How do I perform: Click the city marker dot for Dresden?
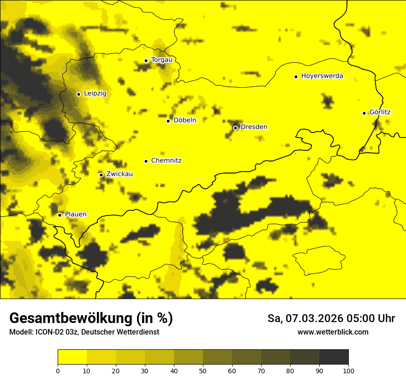pos(235,128)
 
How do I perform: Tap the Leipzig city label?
pos(95,93)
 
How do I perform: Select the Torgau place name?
pos(161,60)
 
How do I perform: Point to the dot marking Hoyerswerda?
pos(296,77)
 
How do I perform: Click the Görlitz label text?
pos(380,112)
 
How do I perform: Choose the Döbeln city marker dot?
pos(168,121)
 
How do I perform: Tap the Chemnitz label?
pos(166,161)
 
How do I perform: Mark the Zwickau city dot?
pos(101,175)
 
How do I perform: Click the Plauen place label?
pos(76,214)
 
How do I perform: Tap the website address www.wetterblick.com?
pos(333,332)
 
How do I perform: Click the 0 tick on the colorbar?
pos(58,370)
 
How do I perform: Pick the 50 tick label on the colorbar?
pos(203,370)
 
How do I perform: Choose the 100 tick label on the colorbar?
pos(348,370)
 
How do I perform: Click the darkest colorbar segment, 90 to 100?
pos(334,357)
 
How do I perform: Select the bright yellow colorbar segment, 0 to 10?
pos(72,357)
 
